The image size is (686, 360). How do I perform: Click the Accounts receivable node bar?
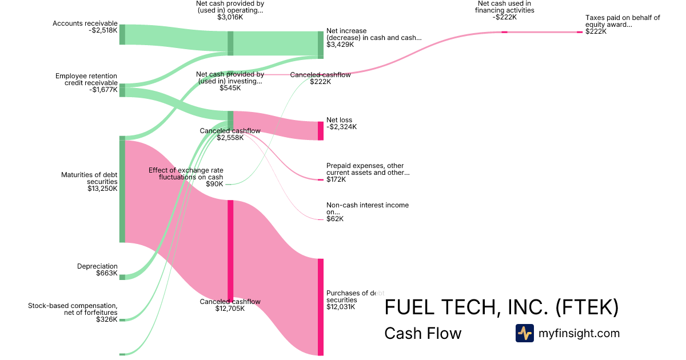(x=122, y=34)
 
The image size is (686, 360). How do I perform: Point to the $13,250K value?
(x=102, y=189)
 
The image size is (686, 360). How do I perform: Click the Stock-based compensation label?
(x=73, y=309)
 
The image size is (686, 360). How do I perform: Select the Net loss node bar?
(x=321, y=131)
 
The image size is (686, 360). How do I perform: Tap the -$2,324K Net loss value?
(x=341, y=127)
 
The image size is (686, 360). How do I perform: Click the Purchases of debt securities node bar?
(x=321, y=307)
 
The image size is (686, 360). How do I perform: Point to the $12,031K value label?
(x=341, y=307)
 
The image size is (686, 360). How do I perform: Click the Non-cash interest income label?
(x=368, y=209)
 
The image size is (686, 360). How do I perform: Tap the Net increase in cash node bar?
(x=321, y=45)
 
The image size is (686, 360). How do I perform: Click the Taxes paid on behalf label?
(x=623, y=21)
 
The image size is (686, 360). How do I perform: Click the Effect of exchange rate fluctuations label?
(x=186, y=174)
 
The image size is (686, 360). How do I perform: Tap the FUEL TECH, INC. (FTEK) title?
(x=501, y=307)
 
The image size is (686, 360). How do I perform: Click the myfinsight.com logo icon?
(x=524, y=333)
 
